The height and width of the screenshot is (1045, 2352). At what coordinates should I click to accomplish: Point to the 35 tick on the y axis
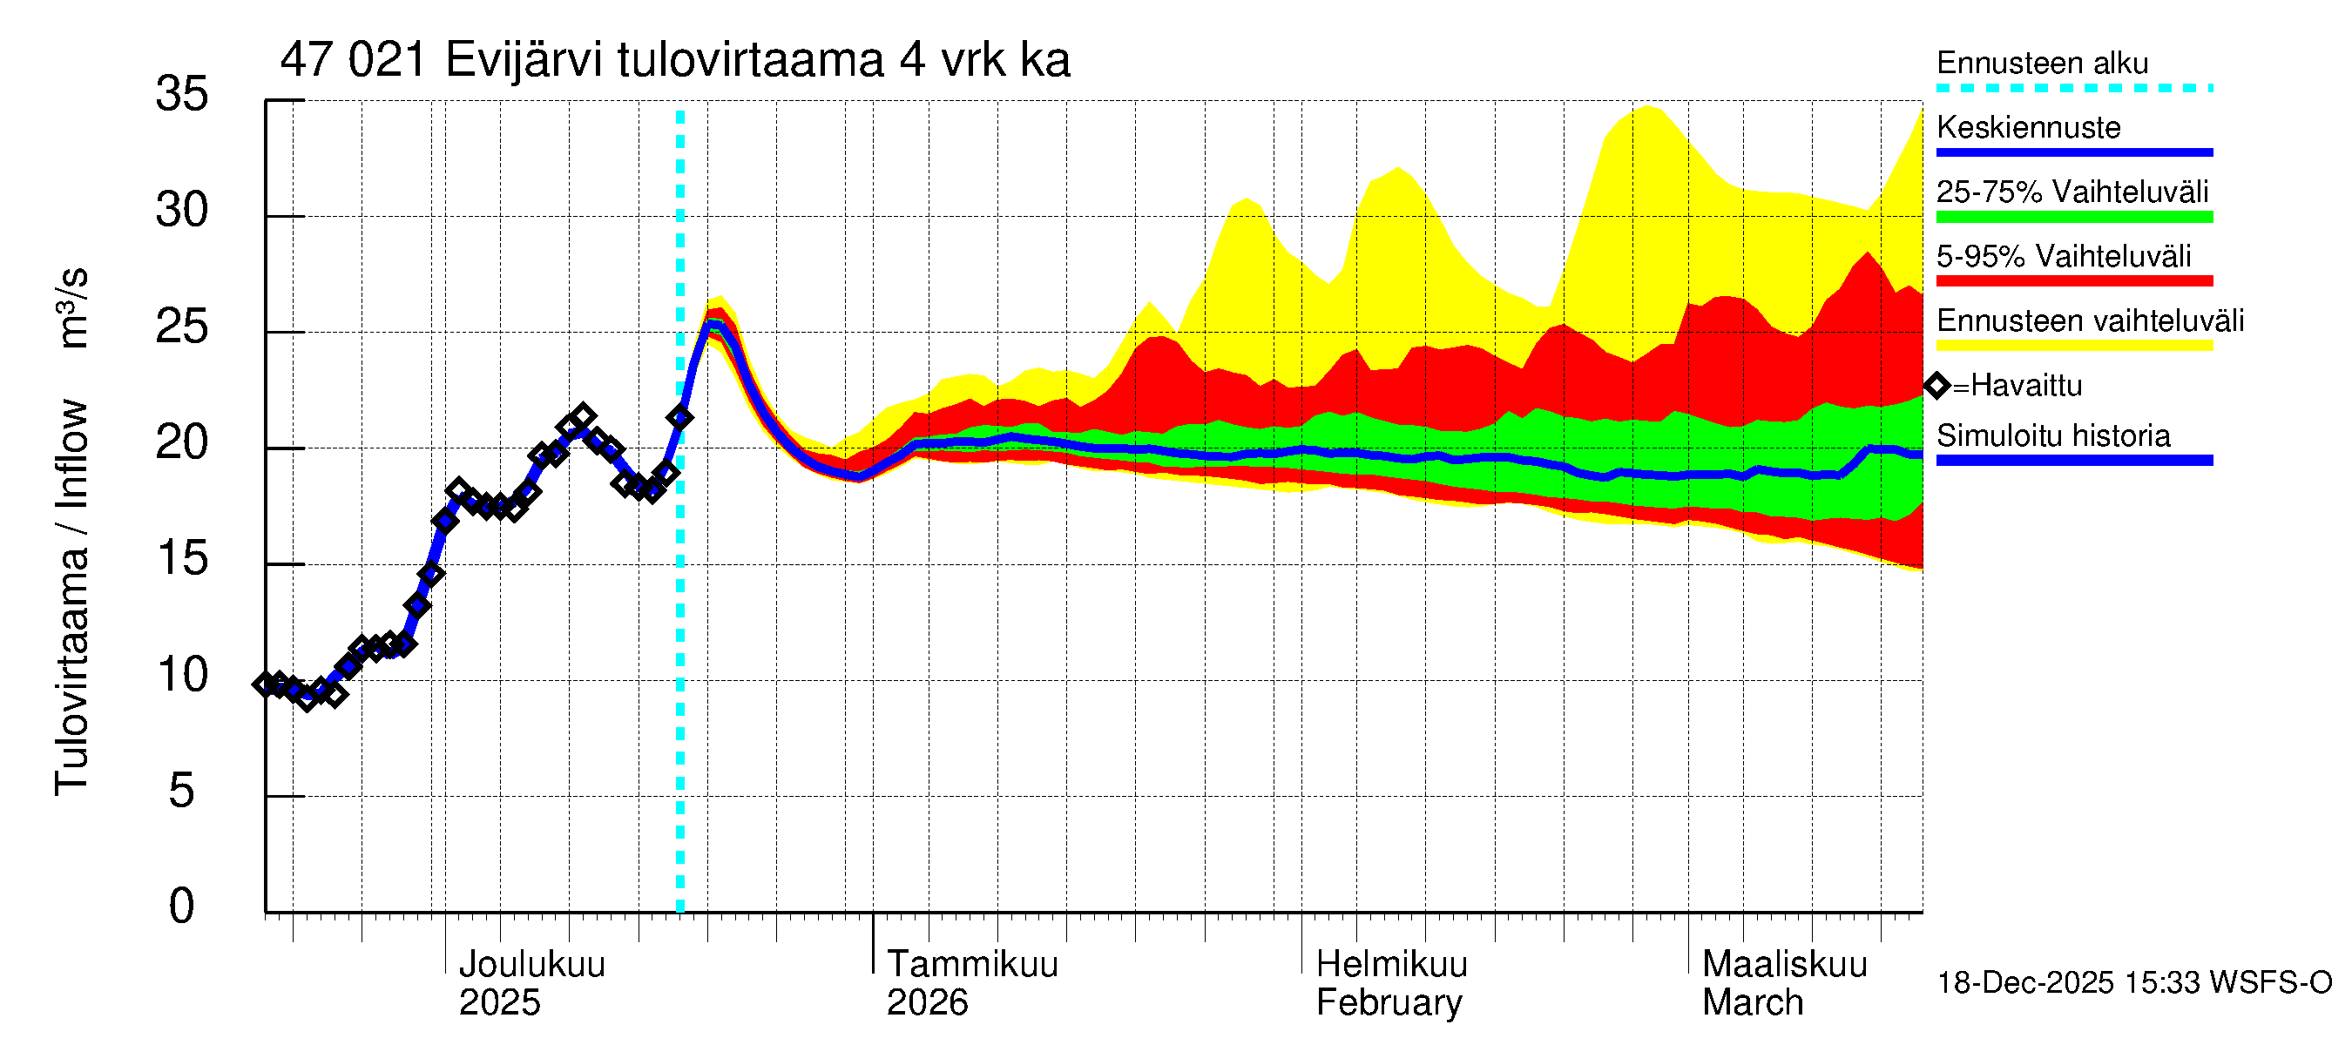coord(182,94)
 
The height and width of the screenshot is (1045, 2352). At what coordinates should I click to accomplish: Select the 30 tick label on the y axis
coord(182,211)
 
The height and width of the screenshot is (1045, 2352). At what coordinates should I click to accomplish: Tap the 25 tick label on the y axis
coord(182,327)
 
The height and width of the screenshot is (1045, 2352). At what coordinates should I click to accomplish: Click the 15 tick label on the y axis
coord(182,558)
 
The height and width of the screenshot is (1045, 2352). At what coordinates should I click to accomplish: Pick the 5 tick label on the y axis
coord(182,791)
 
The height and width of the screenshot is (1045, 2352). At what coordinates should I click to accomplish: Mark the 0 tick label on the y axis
coord(182,907)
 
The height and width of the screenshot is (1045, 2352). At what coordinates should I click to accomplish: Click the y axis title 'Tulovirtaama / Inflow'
coord(71,597)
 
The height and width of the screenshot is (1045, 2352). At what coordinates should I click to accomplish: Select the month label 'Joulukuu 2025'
coord(531,983)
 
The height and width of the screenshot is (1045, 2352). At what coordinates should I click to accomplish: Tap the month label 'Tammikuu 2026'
coord(971,983)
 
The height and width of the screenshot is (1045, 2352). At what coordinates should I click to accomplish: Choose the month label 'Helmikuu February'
coord(1390,983)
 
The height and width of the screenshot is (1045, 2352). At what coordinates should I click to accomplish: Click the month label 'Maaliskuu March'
coord(1784,983)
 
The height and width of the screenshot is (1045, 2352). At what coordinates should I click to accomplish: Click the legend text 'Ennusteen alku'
coord(2043,63)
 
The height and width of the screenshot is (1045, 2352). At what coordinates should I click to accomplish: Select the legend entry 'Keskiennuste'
coord(2028,127)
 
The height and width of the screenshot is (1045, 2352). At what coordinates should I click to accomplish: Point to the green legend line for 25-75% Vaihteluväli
coord(2073,217)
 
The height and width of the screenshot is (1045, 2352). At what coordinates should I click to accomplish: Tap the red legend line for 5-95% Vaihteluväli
coord(2073,281)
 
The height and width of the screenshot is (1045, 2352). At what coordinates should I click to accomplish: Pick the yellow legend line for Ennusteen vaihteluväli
coord(2073,346)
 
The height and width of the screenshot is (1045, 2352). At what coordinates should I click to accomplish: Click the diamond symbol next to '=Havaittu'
coord(1936,386)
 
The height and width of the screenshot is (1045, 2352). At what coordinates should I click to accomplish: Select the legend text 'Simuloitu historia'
coord(2052,436)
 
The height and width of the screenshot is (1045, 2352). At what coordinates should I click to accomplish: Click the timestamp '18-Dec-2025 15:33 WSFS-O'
coord(2133,983)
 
